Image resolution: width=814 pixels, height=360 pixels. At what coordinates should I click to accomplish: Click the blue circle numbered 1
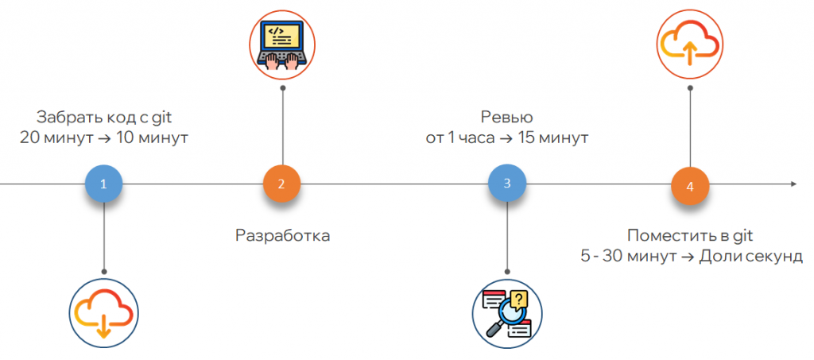point(103,184)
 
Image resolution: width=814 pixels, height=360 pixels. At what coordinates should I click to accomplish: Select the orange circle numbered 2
point(281,184)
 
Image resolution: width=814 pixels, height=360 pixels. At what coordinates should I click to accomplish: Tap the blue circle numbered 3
point(507,184)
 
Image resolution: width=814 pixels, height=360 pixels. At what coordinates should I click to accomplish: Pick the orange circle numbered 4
point(689,186)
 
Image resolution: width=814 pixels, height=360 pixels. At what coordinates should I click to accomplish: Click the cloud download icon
point(103,312)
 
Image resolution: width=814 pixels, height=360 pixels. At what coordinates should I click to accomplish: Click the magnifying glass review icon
point(506,312)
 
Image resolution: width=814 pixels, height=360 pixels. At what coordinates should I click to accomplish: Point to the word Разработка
point(282,235)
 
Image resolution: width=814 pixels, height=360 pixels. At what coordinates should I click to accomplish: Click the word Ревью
point(507,118)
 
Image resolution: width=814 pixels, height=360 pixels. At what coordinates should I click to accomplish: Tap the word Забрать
point(66,118)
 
